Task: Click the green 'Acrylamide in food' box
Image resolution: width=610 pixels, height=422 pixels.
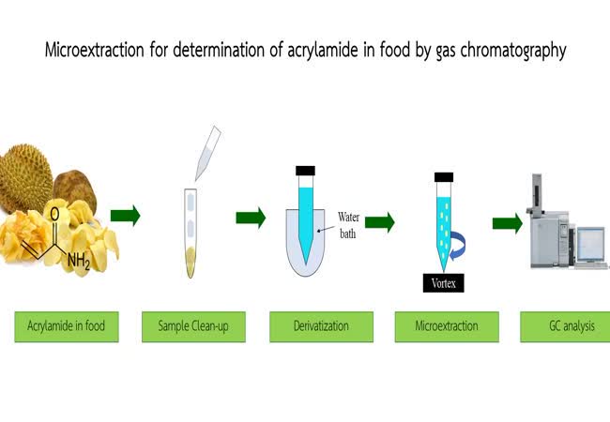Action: point(67,326)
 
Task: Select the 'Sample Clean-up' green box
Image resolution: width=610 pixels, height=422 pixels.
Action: point(193,326)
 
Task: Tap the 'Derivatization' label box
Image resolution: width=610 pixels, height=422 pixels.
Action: point(321,326)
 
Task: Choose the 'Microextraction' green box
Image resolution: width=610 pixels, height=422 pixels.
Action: point(447,326)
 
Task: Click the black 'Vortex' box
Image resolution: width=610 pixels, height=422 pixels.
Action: point(444,283)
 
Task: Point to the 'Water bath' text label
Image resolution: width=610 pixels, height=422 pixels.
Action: point(348,225)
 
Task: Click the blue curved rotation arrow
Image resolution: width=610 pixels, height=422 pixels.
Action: point(459,245)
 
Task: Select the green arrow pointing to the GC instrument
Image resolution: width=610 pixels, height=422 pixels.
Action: point(508,223)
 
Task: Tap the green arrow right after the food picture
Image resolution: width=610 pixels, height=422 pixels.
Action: point(125,216)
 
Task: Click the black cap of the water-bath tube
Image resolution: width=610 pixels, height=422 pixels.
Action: point(305,171)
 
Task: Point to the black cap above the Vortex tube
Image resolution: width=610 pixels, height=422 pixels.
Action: point(444,177)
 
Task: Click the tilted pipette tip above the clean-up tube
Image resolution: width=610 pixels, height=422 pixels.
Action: point(207,154)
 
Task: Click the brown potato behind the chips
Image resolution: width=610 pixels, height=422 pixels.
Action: point(75,188)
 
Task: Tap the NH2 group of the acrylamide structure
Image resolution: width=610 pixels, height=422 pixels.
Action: point(79,261)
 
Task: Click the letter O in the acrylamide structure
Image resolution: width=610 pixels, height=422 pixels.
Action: point(54,214)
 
